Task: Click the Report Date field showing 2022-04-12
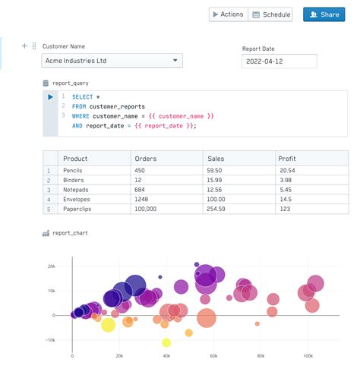pos(279,61)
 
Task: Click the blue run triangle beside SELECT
pos(50,97)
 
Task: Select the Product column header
pos(76,158)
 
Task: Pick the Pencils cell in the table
pos(74,171)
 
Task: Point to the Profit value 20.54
pos(287,171)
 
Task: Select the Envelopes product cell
pos(77,199)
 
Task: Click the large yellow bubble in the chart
pos(108,325)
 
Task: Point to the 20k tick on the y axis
pos(52,266)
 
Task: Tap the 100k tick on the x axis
pos(307,355)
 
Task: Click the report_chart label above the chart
pos(70,232)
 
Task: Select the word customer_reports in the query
pos(117,106)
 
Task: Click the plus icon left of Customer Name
pos(24,46)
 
